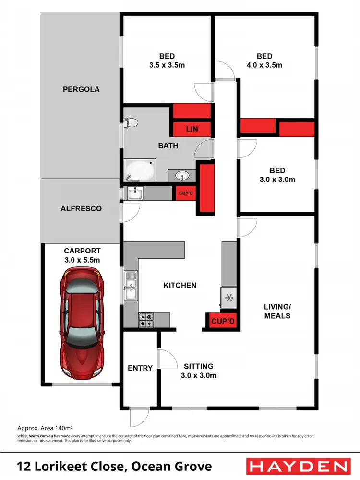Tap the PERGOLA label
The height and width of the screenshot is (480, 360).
[x=81, y=89]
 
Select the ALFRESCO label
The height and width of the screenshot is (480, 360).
[x=80, y=209]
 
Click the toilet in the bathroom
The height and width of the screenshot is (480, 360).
[x=131, y=123]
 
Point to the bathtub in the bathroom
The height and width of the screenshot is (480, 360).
[x=140, y=170]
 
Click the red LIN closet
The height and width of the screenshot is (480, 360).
[x=192, y=129]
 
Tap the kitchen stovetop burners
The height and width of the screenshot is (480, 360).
[x=146, y=317]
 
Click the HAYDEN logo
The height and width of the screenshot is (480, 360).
[x=297, y=466]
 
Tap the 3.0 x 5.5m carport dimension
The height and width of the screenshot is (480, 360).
[x=82, y=260]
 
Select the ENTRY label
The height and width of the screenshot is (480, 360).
[x=140, y=368]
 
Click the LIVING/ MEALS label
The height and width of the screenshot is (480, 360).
[x=277, y=311]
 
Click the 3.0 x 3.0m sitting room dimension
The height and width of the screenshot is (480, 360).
[x=198, y=375]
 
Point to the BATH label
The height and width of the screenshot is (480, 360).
[x=168, y=145]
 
